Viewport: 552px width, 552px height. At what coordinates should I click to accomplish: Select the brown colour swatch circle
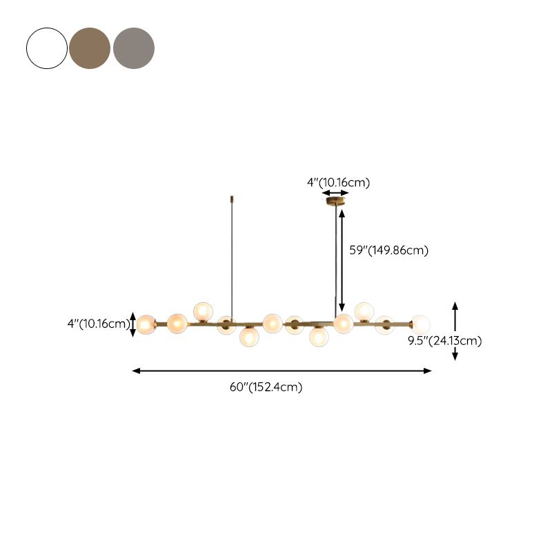pos(90,48)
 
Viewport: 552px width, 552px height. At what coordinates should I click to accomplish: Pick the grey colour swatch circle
pos(134,48)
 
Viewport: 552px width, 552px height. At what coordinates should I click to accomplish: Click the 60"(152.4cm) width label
pos(266,387)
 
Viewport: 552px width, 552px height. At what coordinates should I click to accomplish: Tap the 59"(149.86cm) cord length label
pos(389,250)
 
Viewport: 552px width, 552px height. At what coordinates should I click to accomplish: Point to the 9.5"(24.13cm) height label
pos(445,341)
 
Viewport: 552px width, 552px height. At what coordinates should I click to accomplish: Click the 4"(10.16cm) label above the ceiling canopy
pos(339,183)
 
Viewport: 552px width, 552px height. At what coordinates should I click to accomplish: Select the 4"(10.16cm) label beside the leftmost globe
pos(99,324)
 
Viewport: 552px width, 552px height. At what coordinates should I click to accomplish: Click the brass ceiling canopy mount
pos(335,201)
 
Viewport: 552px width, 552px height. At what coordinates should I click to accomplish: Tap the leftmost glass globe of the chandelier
pos(146,324)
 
